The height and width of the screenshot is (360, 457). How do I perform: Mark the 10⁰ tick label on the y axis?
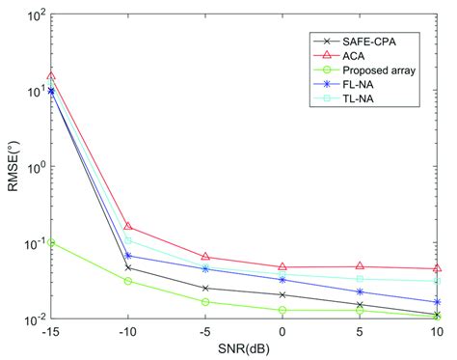click(x=31, y=168)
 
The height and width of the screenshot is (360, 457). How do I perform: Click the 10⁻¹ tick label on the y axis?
click(x=31, y=243)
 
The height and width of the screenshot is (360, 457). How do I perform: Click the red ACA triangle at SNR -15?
click(x=51, y=75)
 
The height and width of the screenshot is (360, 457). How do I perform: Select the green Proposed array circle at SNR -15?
click(x=51, y=242)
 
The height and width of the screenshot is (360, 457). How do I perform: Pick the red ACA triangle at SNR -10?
click(x=128, y=227)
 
